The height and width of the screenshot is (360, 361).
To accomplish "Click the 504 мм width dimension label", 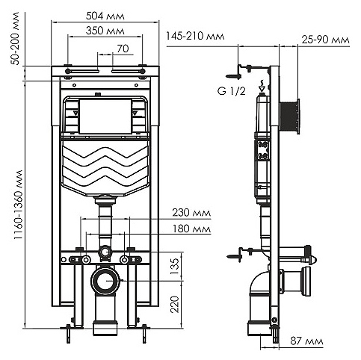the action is [x=105, y=16].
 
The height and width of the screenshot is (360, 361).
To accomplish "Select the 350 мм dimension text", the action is [x=105, y=31].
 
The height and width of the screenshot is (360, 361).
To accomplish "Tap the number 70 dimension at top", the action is [x=123, y=49].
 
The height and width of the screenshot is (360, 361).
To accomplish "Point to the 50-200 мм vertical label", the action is [x=16, y=38].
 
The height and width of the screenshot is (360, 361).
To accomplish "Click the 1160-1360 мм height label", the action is [x=19, y=205].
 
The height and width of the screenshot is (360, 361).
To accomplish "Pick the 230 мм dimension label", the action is [x=191, y=213].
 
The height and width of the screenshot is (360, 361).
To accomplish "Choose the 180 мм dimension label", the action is [x=191, y=229].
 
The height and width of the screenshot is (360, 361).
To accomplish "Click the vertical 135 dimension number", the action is [x=175, y=267].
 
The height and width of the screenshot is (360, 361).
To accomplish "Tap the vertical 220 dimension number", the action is [x=175, y=304].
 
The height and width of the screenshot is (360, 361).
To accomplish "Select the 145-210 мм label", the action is [x=195, y=36].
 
